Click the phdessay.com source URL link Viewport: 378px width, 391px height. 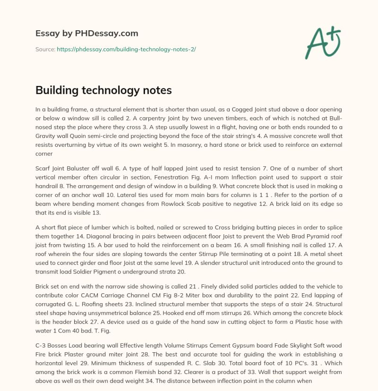[x=126, y=49]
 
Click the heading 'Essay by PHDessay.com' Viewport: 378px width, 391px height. [x=86, y=33]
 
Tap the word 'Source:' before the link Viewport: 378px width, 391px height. [x=45, y=49]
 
